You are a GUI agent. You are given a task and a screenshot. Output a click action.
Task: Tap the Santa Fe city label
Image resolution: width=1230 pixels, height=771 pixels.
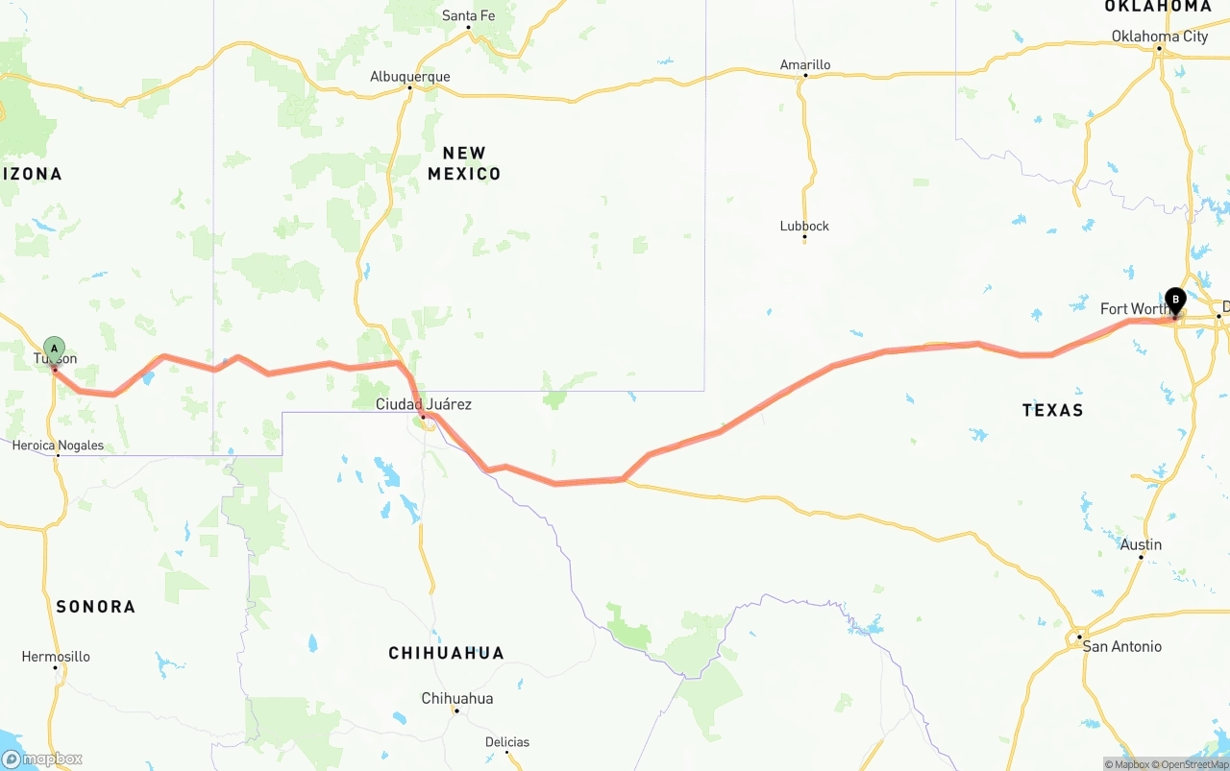point(468,15)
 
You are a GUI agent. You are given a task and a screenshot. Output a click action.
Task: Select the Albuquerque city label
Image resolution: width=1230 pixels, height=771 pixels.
point(410,77)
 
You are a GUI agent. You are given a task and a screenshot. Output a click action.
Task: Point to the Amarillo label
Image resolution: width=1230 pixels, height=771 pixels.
point(805,65)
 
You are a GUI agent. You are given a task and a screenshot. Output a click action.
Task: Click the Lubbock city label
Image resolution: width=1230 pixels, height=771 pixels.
point(804,227)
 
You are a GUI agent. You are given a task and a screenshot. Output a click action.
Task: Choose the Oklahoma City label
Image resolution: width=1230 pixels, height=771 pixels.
point(1159,36)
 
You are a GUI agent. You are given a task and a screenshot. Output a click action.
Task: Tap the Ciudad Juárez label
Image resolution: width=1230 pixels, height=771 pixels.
point(423,404)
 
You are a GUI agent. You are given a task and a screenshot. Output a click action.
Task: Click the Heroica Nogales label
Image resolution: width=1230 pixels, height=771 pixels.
point(58,446)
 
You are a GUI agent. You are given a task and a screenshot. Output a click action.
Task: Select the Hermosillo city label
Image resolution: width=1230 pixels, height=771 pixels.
point(56,657)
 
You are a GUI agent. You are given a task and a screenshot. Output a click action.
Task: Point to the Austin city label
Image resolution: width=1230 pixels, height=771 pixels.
point(1141,544)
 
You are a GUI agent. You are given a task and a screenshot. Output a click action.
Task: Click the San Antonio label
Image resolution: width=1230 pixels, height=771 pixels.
point(1121,646)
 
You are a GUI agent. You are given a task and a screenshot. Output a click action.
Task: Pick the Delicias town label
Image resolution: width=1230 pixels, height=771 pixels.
point(506,742)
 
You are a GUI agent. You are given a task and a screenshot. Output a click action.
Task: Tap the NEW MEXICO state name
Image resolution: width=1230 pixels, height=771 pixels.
point(464,163)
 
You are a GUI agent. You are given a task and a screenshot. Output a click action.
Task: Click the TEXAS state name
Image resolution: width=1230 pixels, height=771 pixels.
point(1052,410)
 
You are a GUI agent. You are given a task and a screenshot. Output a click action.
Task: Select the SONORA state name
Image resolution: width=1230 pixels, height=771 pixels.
point(95,606)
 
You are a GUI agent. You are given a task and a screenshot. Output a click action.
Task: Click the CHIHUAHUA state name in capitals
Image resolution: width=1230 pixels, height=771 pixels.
point(446,653)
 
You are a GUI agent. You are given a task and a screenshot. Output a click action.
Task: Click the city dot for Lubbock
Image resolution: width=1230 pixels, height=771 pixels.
point(804,239)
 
